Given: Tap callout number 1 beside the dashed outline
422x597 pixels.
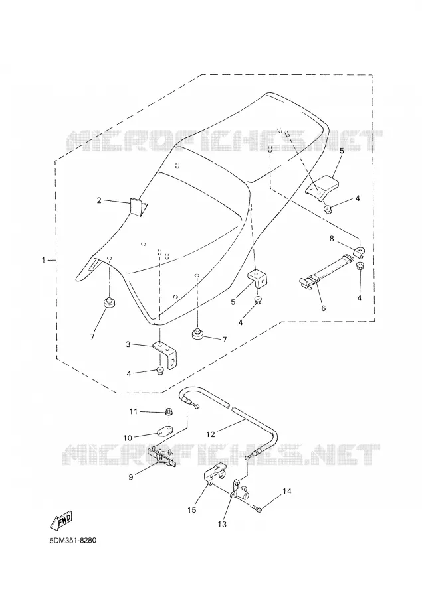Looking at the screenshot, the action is (43, 261).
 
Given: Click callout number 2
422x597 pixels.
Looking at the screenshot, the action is (99, 200).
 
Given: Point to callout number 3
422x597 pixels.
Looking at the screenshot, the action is (128, 344).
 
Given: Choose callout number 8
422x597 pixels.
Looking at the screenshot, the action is (332, 239).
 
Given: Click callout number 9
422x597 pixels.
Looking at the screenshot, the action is (131, 477).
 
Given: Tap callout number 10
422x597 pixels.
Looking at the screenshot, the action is (128, 438).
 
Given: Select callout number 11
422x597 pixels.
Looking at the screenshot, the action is (132, 411).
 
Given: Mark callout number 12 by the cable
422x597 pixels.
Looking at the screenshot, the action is (211, 434).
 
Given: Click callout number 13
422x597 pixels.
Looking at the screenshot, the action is (222, 524).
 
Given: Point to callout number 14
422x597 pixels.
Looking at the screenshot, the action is (287, 491).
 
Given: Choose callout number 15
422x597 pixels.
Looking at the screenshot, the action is (192, 510).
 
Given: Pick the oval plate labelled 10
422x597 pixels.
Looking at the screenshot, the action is (164, 431).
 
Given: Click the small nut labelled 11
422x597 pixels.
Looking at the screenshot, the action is (168, 411).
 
